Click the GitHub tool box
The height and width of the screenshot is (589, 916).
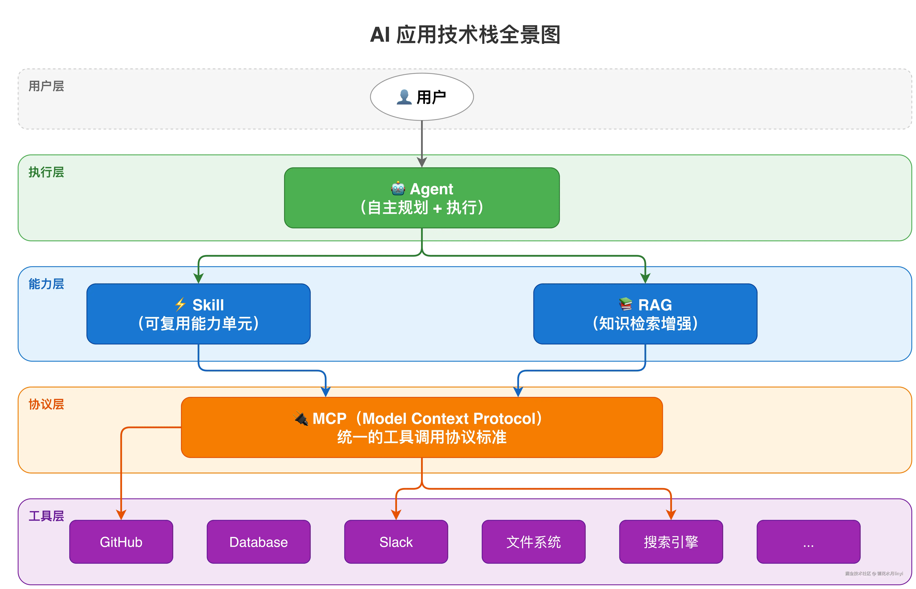(x=121, y=542)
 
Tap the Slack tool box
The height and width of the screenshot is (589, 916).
(x=396, y=542)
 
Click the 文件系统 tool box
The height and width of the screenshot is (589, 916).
(x=533, y=542)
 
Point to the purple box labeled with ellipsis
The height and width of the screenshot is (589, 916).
(x=808, y=542)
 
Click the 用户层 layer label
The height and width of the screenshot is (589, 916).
(x=46, y=86)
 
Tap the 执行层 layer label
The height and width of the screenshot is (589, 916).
(x=46, y=172)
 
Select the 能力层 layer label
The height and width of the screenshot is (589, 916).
(x=46, y=284)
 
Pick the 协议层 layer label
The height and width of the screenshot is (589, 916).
(x=46, y=404)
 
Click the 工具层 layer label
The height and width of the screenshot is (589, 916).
(x=46, y=516)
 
